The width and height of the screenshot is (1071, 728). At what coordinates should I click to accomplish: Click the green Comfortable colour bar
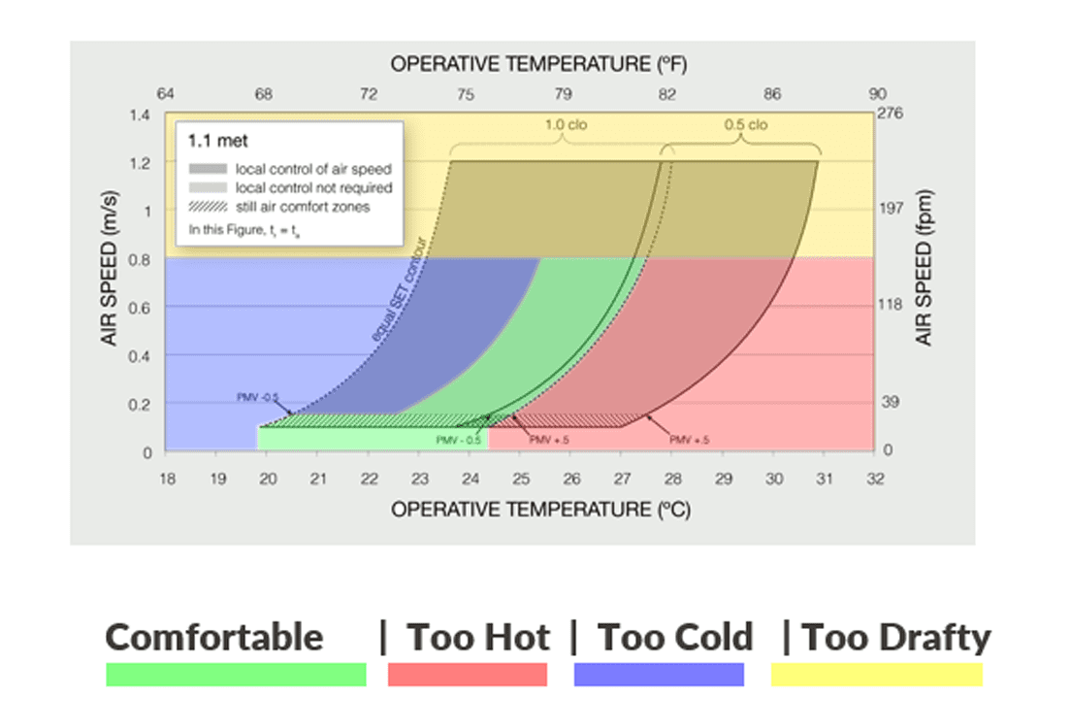tap(236, 675)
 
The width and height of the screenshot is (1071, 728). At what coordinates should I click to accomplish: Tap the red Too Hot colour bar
tap(468, 675)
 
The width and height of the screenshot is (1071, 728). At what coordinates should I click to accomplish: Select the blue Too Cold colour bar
tap(659, 675)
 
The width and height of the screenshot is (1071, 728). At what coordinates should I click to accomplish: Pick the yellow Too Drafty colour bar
tap(877, 675)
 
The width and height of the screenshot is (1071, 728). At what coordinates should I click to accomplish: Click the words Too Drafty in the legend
tap(896, 638)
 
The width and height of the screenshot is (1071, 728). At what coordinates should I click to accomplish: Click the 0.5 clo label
tap(745, 125)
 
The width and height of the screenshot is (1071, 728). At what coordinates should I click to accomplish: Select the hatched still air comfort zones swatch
tap(208, 206)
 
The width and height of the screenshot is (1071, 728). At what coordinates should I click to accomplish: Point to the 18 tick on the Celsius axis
tap(167, 478)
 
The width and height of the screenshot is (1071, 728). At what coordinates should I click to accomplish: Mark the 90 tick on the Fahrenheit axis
tap(877, 94)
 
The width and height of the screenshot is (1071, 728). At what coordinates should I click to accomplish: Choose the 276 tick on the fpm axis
tap(891, 114)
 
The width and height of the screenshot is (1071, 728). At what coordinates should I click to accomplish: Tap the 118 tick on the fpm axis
tap(891, 306)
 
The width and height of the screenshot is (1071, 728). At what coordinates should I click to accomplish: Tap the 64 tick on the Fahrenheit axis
tap(166, 94)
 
